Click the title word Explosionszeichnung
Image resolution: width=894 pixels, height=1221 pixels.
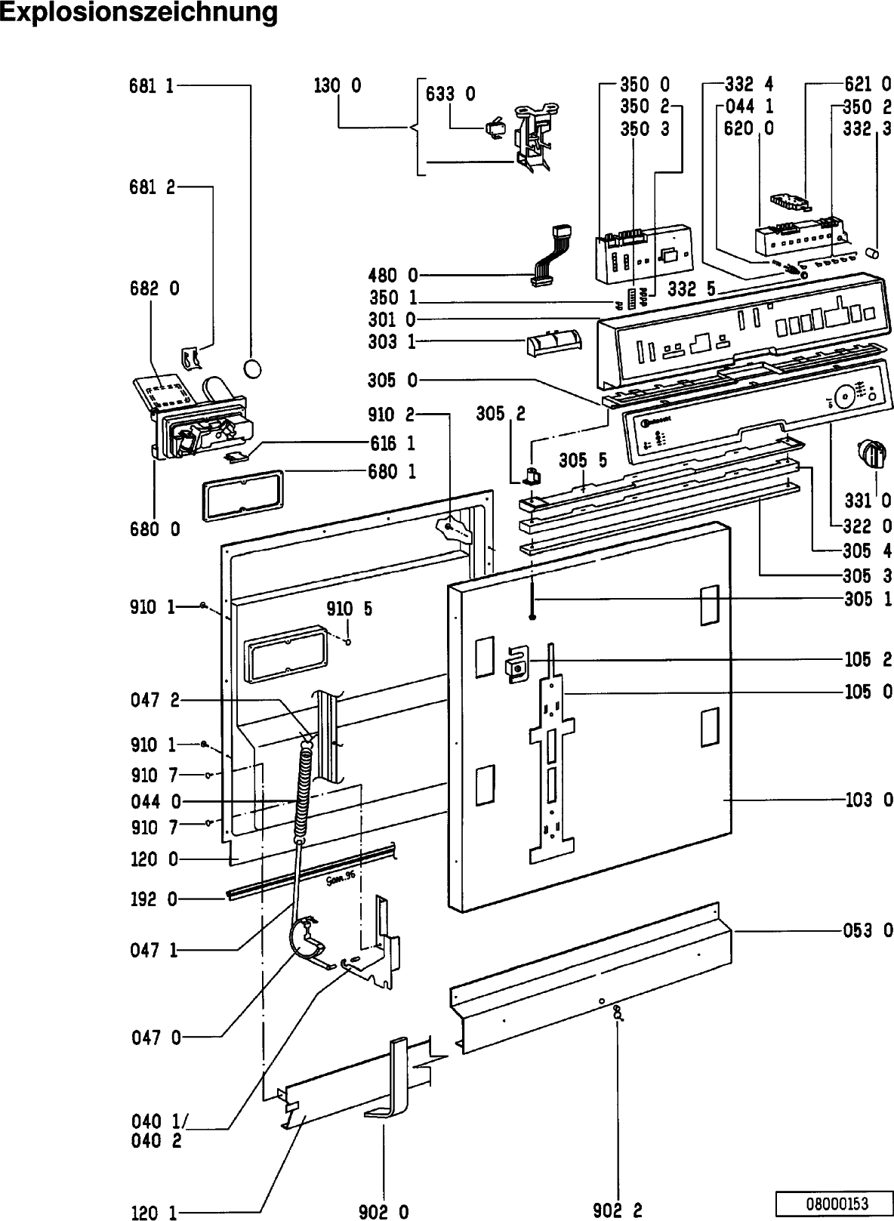pyautogui.click(x=138, y=13)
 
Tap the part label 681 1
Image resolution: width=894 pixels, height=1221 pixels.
pyautogui.click(x=152, y=86)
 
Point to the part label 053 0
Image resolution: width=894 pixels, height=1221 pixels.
pyautogui.click(x=868, y=930)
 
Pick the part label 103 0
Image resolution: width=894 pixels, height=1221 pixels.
pyautogui.click(x=868, y=799)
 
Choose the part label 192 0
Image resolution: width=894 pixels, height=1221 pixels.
pyautogui.click(x=152, y=899)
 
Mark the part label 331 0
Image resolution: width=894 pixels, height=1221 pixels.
pyautogui.click(x=868, y=500)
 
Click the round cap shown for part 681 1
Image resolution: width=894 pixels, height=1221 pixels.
pyautogui.click(x=254, y=368)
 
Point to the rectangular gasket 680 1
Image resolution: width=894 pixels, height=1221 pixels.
pyautogui.click(x=242, y=494)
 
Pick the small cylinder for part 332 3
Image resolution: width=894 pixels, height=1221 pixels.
pyautogui.click(x=873, y=251)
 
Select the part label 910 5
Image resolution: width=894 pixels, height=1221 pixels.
pyautogui.click(x=349, y=609)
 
